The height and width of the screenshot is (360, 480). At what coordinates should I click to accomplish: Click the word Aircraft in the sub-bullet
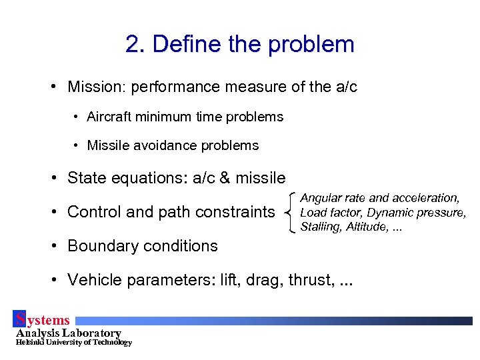coord(109,117)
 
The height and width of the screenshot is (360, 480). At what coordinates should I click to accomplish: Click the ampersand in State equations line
coord(222,178)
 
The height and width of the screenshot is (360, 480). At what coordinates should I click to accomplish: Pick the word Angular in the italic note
coord(321,198)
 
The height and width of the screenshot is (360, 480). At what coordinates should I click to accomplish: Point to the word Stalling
coord(321,227)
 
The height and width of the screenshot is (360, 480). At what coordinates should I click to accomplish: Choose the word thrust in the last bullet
coord(308,280)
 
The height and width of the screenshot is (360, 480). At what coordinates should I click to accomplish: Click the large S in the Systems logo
coord(20,319)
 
